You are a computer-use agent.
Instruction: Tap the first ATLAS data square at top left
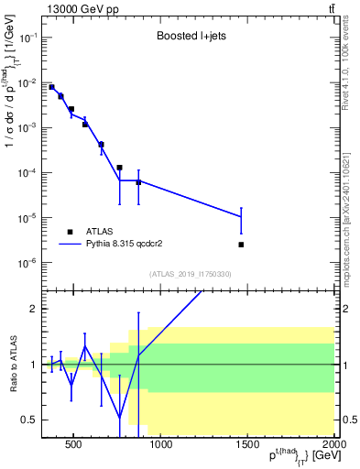[51, 87]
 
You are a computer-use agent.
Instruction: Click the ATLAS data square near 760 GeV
[120, 168]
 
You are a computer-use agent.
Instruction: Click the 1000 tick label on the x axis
[161, 446]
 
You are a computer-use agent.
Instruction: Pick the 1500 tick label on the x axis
[247, 446]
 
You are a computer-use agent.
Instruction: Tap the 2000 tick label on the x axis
[333, 446]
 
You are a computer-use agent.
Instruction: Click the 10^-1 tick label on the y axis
[28, 38]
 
